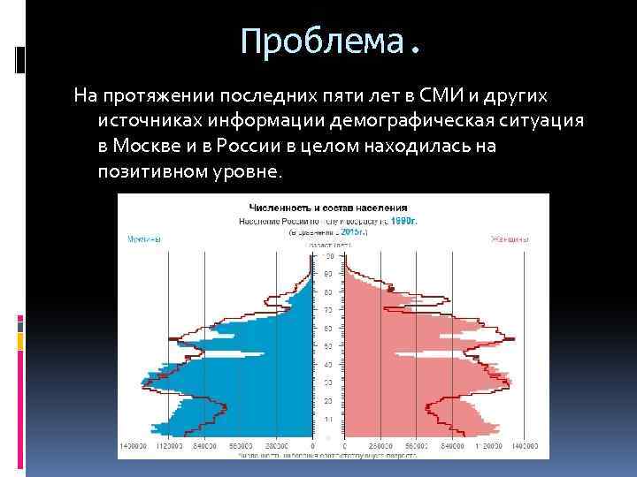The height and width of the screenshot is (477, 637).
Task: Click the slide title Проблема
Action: coord(330,42)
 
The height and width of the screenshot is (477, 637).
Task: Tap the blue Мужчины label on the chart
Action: coord(143,238)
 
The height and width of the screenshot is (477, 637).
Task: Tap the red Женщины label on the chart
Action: coord(510,238)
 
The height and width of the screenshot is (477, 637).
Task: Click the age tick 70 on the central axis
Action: coord(328,310)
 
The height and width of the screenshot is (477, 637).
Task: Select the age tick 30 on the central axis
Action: coord(328,382)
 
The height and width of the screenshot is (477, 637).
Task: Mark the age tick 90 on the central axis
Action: coord(328,256)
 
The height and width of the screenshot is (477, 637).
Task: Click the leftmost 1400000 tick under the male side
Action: coord(134,447)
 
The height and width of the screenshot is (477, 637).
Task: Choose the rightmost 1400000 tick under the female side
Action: coord(525,447)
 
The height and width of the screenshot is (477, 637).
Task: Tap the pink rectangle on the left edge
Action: coord(19,324)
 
